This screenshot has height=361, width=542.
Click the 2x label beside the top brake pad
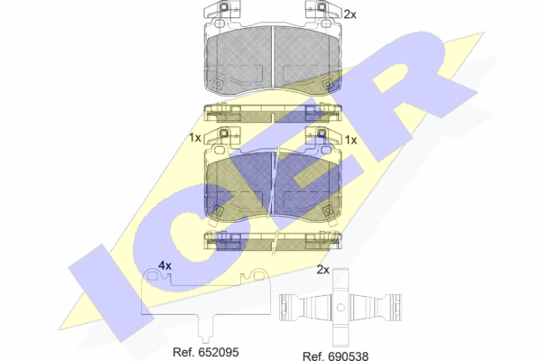[x=350, y=14]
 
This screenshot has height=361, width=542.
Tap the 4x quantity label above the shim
[x=165, y=265]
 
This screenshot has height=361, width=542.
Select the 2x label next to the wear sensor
[x=323, y=270]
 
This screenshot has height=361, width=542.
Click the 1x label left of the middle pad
[x=195, y=138]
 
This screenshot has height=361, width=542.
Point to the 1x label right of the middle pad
[x=350, y=140]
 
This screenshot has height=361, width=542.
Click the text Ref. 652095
[x=206, y=352]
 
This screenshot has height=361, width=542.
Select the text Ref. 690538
[x=335, y=356]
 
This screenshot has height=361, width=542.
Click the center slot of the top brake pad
[x=273, y=58]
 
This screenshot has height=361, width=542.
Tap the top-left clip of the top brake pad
[x=221, y=9]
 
